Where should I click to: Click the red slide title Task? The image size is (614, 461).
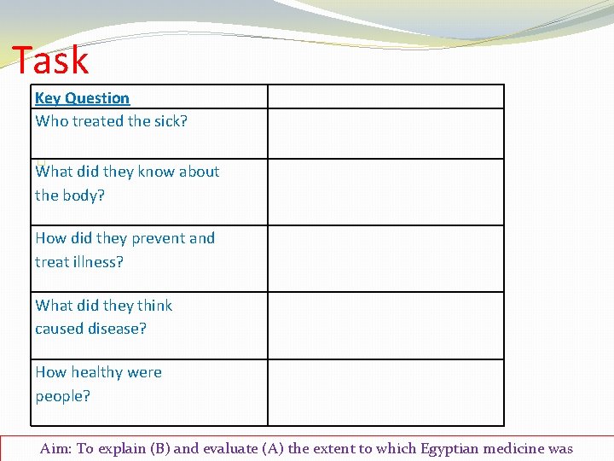tap(50, 60)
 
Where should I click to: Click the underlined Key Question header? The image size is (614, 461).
tap(82, 98)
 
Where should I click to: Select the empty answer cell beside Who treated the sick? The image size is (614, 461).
tap(385, 133)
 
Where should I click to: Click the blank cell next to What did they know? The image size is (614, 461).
tap(385, 192)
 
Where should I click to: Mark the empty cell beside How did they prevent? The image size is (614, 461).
tap(385, 259)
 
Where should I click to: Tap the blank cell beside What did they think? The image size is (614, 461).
tap(385, 325)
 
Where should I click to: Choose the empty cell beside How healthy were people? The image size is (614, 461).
tap(385, 392)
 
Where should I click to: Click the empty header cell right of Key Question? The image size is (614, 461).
tap(385, 96)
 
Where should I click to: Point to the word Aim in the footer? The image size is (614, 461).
tap(55, 449)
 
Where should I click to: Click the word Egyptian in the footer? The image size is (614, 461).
tap(449, 449)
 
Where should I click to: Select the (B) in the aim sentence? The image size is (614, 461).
tap(159, 449)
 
